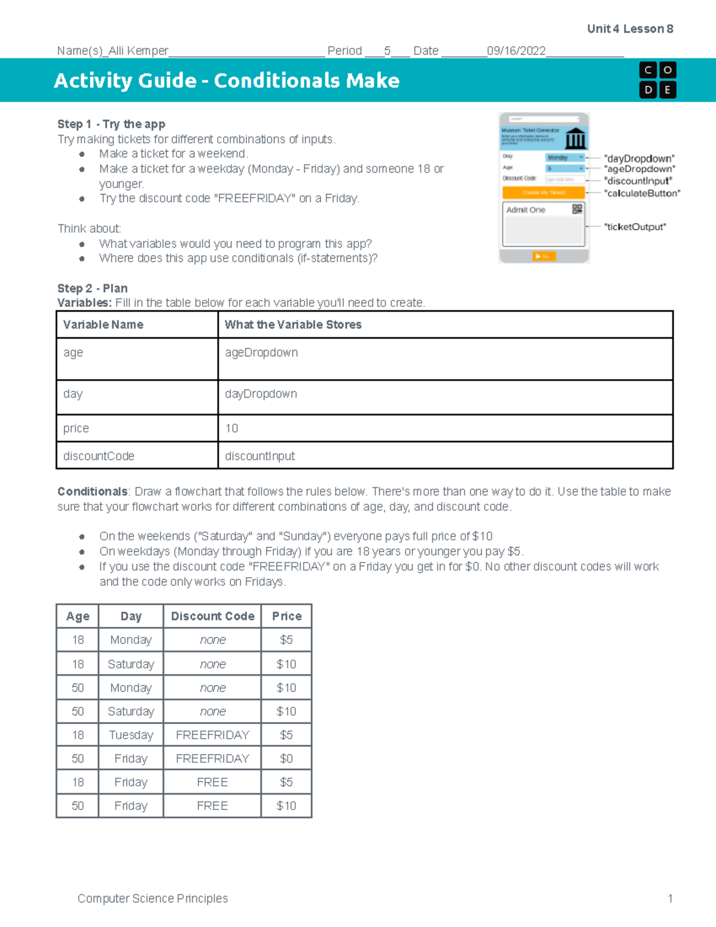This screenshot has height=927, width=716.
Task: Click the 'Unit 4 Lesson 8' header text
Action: point(629,29)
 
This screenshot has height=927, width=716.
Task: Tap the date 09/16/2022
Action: point(516,51)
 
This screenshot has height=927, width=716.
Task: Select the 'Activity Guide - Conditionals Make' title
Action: point(227,81)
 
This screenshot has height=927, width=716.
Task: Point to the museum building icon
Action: point(575,139)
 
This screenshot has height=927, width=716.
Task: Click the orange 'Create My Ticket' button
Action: point(543,193)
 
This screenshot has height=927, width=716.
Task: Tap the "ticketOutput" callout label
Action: point(635,227)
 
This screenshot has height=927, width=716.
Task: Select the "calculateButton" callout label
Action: point(642,193)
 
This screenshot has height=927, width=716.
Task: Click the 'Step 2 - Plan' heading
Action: point(92,288)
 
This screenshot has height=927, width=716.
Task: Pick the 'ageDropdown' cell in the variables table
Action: point(261,353)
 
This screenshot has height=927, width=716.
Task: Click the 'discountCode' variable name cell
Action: point(99,456)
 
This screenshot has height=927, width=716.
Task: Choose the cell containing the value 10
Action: point(232,429)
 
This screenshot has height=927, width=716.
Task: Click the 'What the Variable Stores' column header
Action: point(293,325)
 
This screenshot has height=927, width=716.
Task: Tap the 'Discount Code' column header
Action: point(212,616)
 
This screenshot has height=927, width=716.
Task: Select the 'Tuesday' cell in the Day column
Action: point(131,735)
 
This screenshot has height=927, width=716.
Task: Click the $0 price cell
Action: point(286,759)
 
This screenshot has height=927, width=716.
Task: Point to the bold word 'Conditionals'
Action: point(92,492)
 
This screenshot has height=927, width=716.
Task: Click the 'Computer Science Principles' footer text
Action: point(153,898)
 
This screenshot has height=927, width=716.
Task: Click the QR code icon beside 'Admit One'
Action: point(577,209)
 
